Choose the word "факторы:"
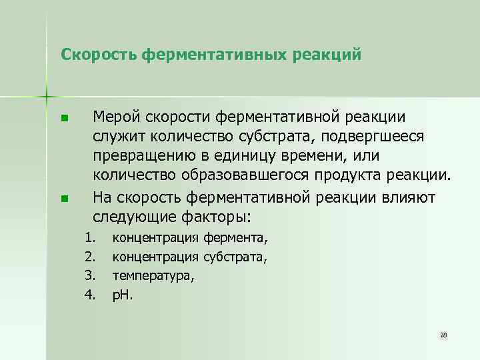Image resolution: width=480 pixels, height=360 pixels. coord(221,217)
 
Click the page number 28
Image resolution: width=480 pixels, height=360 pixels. coord(443,335)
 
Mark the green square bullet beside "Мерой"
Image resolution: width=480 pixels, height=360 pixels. coord(63,119)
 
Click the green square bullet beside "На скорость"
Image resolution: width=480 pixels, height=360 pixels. coord(63,198)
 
